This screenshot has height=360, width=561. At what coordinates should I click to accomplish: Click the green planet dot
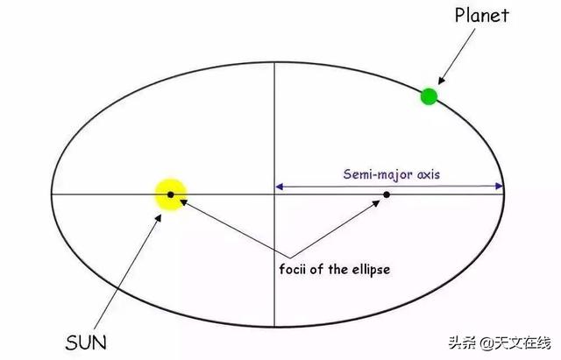point(429,96)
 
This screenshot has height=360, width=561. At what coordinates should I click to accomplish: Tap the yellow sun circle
point(170,194)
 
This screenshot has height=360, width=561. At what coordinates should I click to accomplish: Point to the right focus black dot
point(386,194)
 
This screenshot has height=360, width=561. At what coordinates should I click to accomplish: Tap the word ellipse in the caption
point(368,269)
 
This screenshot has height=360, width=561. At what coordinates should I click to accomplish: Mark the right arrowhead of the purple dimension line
point(501,186)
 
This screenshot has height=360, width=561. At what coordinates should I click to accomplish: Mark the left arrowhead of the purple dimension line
point(280,186)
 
